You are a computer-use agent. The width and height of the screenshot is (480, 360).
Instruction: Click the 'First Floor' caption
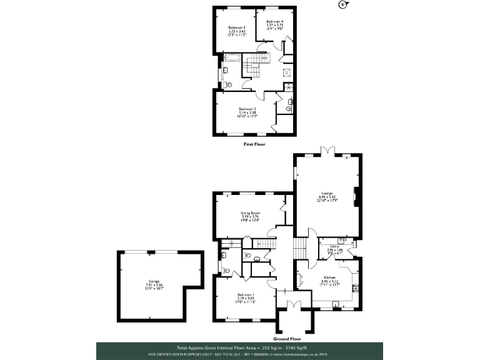pyautogui.click(x=254, y=144)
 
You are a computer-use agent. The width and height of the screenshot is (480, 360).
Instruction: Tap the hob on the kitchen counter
pyautogui.click(x=356, y=287)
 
